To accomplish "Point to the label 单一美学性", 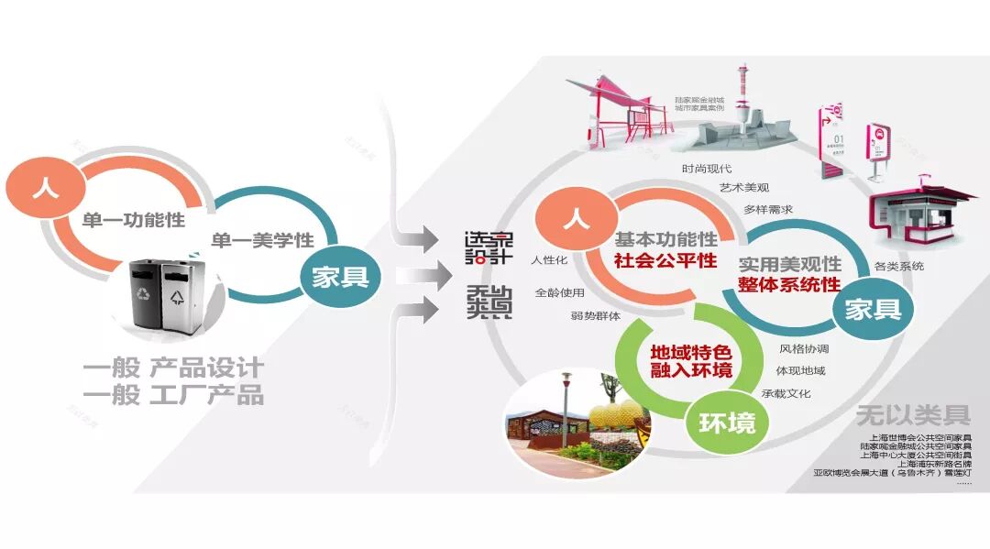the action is pos(263,240).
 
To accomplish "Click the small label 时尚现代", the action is pos(705,168).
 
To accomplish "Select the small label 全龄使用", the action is pos(559,293).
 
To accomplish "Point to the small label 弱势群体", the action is pos(595,316).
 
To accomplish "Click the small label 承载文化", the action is pos(786,393).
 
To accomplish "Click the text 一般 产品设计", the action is pos(173,368).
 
